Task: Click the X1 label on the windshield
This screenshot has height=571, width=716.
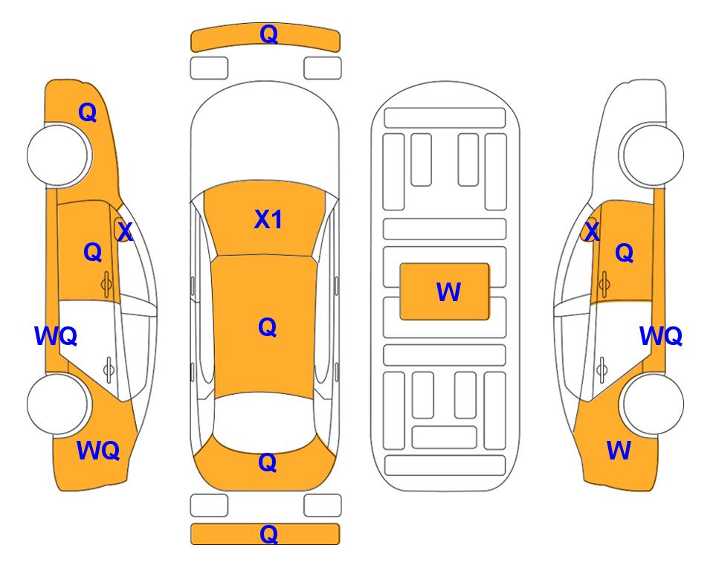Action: pos(268,219)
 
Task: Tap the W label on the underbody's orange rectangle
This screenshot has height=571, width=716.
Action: pos(448,292)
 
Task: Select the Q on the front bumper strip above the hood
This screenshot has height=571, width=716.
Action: pos(268,34)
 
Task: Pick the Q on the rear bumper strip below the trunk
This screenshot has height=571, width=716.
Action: pos(268,534)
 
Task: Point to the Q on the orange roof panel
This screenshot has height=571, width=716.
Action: pos(267,327)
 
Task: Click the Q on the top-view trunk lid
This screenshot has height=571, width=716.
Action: pos(267,462)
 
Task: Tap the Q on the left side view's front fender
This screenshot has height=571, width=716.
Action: pos(88,112)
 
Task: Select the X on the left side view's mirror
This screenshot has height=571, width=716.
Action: pos(125,231)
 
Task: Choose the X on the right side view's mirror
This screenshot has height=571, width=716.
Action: pos(592,231)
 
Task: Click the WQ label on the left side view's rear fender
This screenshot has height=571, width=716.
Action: pos(98,451)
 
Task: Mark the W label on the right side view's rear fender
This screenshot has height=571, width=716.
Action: pos(619,451)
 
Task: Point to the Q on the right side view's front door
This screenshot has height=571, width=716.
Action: pos(625,253)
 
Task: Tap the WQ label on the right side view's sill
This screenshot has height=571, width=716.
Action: pos(661,336)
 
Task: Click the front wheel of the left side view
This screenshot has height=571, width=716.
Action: pos(58,155)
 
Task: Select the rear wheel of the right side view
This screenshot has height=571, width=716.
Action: pos(652,404)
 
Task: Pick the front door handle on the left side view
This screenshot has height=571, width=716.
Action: pos(107,284)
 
